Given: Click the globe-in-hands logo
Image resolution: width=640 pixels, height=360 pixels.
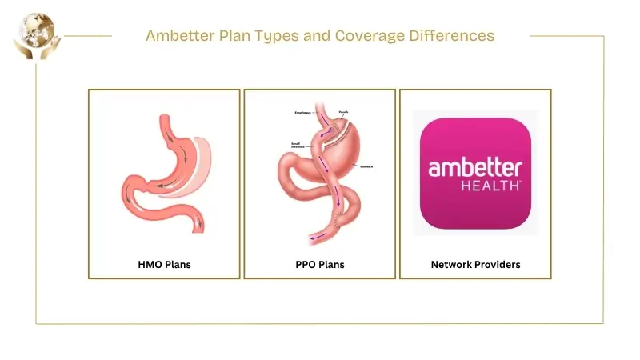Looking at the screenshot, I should (32, 34).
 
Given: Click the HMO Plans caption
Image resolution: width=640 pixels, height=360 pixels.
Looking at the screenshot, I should (163, 264).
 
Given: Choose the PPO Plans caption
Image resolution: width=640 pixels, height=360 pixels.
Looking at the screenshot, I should (319, 264).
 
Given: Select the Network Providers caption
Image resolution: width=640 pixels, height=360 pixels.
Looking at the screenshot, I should (475, 264).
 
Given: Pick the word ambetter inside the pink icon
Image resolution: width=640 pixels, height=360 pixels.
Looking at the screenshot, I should (475, 167).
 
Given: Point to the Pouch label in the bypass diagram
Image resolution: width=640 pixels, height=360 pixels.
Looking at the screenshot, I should (343, 112).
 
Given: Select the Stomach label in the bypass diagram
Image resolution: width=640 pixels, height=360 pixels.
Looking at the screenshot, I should (367, 166).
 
